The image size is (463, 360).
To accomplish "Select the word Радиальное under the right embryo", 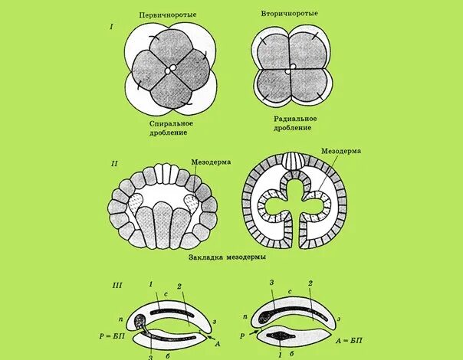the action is (x=295, y=119).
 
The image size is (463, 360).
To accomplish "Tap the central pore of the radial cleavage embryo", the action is (x=289, y=71).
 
